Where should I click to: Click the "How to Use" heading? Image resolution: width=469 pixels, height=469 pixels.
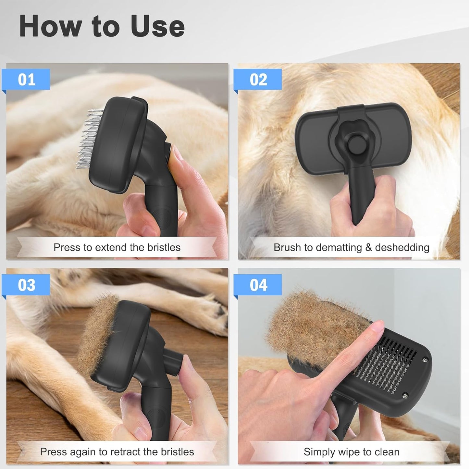(x=102, y=26)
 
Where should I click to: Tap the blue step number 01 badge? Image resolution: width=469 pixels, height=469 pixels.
(x=26, y=80)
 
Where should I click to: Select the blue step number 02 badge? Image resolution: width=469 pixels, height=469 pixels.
(x=258, y=80)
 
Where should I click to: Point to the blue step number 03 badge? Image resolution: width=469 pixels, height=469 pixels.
(x=26, y=285)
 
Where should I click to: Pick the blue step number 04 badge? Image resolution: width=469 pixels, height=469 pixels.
(x=258, y=285)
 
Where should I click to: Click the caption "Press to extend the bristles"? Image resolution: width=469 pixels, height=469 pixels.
(x=117, y=247)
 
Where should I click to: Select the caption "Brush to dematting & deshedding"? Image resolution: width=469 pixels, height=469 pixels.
(x=351, y=247)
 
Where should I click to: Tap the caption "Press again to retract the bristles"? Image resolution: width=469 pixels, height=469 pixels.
(x=117, y=451)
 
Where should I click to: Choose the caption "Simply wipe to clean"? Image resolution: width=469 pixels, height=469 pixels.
(x=351, y=451)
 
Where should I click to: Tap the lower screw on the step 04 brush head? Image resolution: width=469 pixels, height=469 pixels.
(x=405, y=395)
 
